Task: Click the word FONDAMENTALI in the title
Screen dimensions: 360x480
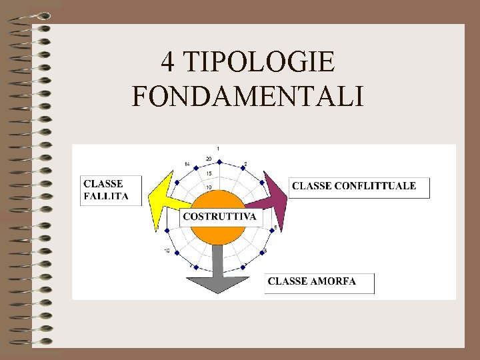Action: point(248,97)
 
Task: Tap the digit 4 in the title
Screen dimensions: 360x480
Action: point(168,63)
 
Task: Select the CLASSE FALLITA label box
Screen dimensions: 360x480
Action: point(111,190)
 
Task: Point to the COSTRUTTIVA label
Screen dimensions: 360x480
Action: point(219,217)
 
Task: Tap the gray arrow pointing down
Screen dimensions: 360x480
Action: point(217,273)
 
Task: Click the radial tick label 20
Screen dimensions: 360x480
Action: point(209,159)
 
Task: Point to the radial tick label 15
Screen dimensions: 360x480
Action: point(209,173)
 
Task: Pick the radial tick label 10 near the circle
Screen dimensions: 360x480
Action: point(209,187)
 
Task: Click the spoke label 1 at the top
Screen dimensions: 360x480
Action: point(218,148)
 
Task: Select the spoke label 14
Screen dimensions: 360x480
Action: point(188,164)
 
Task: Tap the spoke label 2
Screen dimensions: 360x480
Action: point(245,164)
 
